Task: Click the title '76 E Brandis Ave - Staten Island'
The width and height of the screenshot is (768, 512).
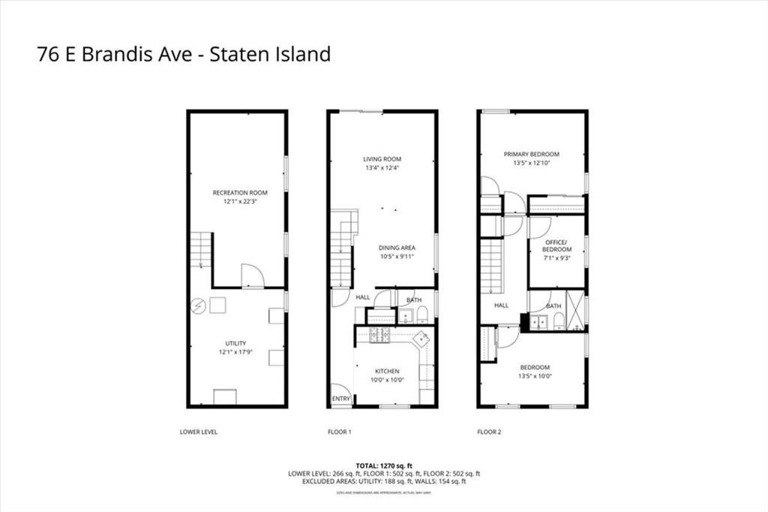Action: [x=184, y=55]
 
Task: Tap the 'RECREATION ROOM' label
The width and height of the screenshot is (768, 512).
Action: [x=239, y=193]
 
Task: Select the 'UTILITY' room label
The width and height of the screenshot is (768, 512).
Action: [x=235, y=343]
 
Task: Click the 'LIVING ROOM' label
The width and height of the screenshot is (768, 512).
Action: [x=382, y=159]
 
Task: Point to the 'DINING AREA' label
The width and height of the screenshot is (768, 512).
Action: [x=397, y=248]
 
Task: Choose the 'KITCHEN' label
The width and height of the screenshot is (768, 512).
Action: [x=387, y=371]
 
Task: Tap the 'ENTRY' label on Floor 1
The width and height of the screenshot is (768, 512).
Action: [x=340, y=399]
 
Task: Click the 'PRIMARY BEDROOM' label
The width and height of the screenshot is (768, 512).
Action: [x=531, y=155]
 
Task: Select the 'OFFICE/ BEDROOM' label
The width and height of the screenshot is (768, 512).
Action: [x=556, y=245]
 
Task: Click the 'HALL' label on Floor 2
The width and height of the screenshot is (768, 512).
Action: [x=501, y=306]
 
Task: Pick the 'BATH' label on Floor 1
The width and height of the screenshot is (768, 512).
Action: [x=413, y=300]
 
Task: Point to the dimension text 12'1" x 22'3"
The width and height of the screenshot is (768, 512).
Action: [x=239, y=201]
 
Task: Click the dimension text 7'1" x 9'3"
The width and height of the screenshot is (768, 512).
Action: [x=556, y=258]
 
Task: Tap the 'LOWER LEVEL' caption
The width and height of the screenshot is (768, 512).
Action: [x=199, y=432]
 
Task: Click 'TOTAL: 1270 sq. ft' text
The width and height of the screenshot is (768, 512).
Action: [x=383, y=465]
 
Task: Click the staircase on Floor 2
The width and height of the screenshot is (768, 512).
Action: [x=490, y=267]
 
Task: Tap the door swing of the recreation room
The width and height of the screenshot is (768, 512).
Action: [x=252, y=276]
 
